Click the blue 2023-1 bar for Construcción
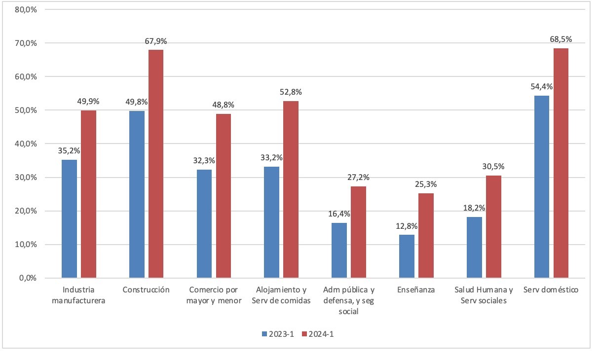(137, 194)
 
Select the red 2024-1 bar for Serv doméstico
(561, 163)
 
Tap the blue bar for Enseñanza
(407, 256)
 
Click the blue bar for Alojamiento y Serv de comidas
(271, 222)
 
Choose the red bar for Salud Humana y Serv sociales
(493, 226)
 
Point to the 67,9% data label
(156, 41)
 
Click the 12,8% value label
(407, 226)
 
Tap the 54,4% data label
(541, 87)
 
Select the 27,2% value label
(358, 178)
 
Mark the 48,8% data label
(224, 105)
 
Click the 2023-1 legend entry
(278, 334)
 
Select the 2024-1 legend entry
(321, 334)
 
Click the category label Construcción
(147, 289)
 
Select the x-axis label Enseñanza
(416, 289)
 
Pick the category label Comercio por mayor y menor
(214, 295)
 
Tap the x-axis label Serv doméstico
(551, 289)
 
